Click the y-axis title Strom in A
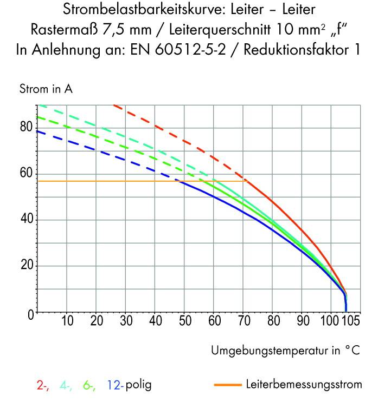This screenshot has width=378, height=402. pyautogui.click(x=46, y=89)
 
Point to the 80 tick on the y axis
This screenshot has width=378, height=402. pyautogui.click(x=25, y=127)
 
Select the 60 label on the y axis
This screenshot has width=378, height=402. pyautogui.click(x=25, y=173)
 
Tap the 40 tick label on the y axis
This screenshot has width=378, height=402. pyautogui.click(x=25, y=220)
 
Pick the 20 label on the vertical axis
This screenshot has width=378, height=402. pyautogui.click(x=25, y=266)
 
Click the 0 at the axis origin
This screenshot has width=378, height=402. pyautogui.click(x=30, y=314)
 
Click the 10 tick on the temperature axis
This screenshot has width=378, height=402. pyautogui.click(x=67, y=321)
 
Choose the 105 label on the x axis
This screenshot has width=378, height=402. pyautogui.click(x=350, y=321)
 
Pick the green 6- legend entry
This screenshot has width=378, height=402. pyautogui.click(x=90, y=385)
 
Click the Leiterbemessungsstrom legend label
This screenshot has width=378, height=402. pyautogui.click(x=304, y=385)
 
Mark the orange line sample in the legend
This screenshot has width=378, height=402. pyautogui.click(x=227, y=386)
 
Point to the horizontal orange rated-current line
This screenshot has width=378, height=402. pyautogui.click(x=108, y=181)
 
